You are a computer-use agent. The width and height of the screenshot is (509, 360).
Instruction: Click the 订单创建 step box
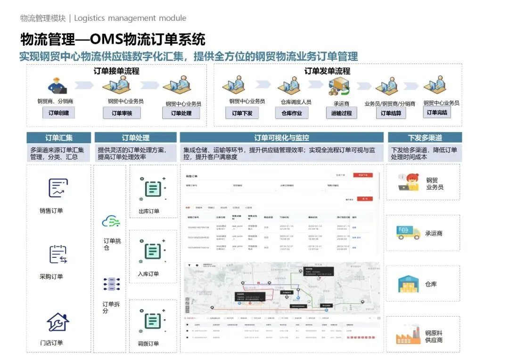58,113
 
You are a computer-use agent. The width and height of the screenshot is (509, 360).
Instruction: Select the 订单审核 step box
122,113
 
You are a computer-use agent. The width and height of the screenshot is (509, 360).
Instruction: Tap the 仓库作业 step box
292,113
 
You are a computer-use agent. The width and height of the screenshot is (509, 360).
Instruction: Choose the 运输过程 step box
341,113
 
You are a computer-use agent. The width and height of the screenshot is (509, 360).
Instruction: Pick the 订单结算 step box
391,113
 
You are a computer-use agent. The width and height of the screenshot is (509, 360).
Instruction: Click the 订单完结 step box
437,113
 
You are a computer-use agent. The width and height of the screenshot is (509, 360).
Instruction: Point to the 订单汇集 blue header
58,138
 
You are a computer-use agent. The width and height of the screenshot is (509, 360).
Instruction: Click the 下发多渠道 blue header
425,138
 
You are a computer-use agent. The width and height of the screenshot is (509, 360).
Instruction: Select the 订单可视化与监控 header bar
281,138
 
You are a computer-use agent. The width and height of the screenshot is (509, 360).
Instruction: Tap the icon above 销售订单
58,188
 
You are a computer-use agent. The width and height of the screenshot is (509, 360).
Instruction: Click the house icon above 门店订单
58,322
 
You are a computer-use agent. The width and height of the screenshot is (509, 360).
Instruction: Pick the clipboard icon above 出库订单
152,189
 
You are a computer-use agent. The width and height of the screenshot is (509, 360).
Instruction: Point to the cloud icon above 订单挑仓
111,221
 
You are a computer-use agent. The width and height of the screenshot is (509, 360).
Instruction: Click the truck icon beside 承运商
408,232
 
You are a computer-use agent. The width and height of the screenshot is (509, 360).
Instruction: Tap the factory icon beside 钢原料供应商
408,335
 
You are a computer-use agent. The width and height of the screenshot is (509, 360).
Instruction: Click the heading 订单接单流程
116,72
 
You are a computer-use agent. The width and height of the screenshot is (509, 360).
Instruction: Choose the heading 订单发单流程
327,72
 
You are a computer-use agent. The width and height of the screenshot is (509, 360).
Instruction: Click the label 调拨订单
148,344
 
